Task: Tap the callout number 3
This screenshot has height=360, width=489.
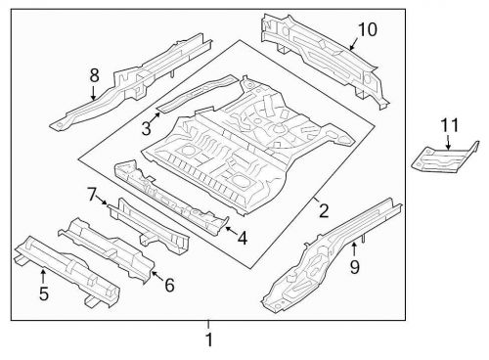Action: [x=145, y=127]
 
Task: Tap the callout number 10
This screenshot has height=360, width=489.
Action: [x=366, y=29]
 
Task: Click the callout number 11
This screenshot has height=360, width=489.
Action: [x=448, y=125]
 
